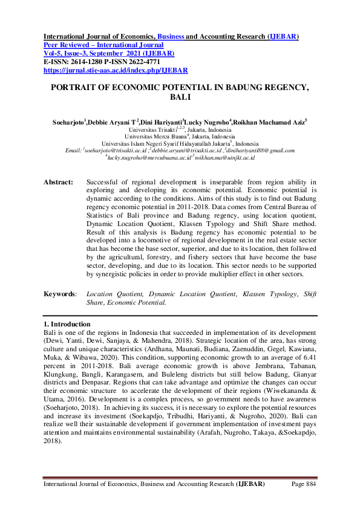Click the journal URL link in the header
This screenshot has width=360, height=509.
pyautogui.click(x=108, y=70)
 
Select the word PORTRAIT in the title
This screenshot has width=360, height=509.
pyautogui.click(x=73, y=87)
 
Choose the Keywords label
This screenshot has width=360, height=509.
pyautogui.click(x=60, y=293)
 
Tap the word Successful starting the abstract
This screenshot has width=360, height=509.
pyautogui.click(x=105, y=181)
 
